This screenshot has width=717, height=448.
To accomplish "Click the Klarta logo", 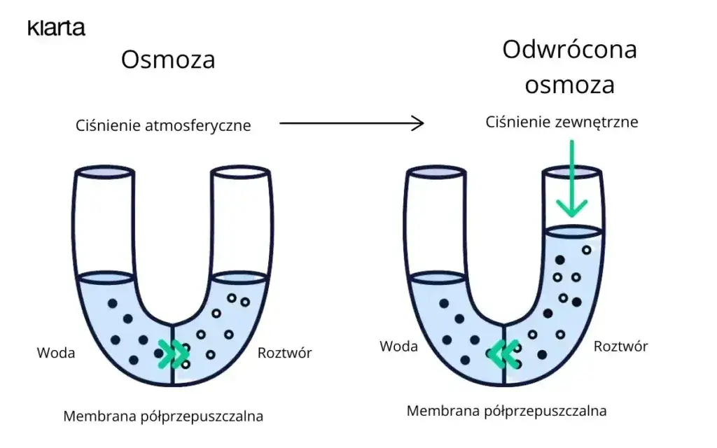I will point(56,29).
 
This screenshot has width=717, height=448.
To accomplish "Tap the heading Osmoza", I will point(167,60).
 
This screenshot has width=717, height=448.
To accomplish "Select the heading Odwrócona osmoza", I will point(569,68).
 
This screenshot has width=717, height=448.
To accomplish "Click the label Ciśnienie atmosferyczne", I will point(163,126).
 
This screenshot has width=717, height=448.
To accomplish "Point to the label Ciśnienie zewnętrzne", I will point(562,122).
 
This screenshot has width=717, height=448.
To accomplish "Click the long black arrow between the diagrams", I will point(351,124).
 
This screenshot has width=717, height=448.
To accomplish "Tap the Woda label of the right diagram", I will point(398,346).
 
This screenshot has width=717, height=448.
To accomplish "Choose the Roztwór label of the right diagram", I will point(620,346).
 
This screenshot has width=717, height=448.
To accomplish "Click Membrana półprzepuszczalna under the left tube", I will point(163,416).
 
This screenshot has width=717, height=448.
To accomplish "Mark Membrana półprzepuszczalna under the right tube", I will point(506,411).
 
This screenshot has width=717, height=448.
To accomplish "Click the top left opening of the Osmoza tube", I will point(104,172).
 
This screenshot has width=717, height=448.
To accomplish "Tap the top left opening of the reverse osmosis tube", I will point(436,172).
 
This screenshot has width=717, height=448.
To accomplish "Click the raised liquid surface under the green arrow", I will point(573,230).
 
